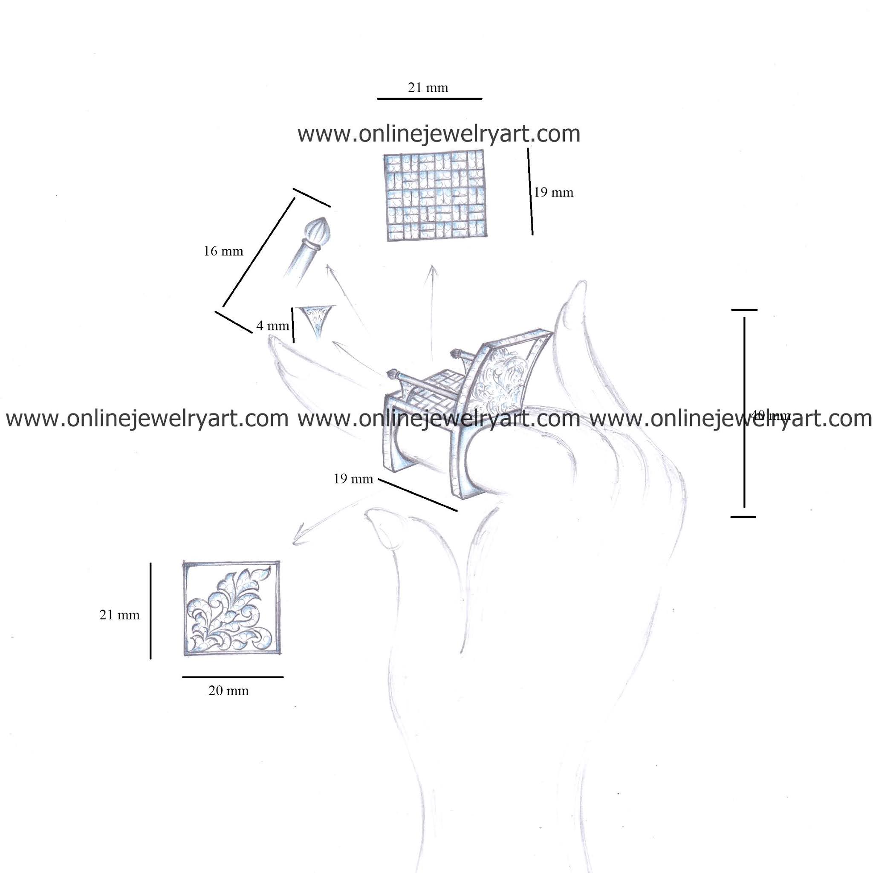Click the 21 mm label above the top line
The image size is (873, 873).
428,87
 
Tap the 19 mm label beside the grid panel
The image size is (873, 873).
554,193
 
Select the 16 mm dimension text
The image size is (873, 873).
223,251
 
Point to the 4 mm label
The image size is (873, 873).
272,325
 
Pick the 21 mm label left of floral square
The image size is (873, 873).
119,615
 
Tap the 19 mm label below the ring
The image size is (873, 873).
353,479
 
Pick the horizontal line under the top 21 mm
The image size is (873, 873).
429,98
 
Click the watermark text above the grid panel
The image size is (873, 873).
438,134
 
